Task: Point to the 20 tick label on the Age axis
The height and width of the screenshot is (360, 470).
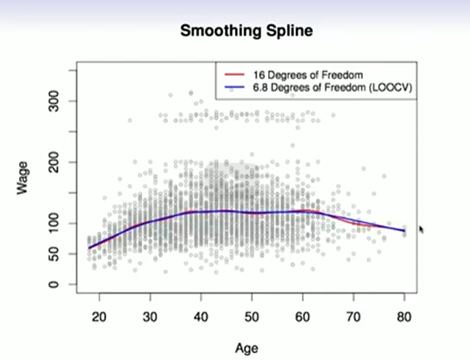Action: pyautogui.click(x=99, y=318)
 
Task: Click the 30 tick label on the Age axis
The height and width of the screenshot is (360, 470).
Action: pyautogui.click(x=149, y=318)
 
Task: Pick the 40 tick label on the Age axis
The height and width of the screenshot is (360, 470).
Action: pyautogui.click(x=200, y=318)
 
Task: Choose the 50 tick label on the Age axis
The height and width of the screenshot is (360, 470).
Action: pyautogui.click(x=251, y=318)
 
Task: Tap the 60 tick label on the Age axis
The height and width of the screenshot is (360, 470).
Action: pyautogui.click(x=302, y=318)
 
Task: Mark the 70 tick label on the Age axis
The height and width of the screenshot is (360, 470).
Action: pyautogui.click(x=353, y=318)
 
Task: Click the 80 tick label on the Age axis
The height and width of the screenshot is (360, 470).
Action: pyautogui.click(x=404, y=318)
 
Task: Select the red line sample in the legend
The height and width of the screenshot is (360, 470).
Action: pyautogui.click(x=233, y=74)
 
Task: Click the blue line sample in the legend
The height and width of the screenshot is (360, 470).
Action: pyautogui.click(x=233, y=88)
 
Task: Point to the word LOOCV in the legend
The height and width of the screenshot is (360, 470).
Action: pyautogui.click(x=390, y=88)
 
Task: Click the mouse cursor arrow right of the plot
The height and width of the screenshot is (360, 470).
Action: pyautogui.click(x=421, y=229)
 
